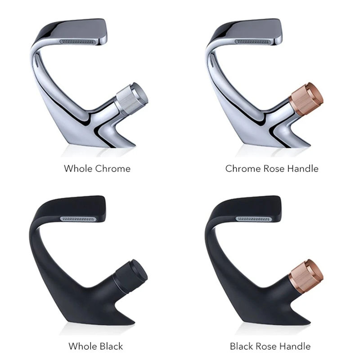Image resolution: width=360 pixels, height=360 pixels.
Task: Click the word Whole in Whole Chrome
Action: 78,168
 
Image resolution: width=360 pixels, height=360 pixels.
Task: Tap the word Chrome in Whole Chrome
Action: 113,168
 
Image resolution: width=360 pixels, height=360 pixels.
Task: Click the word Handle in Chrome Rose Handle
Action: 303,168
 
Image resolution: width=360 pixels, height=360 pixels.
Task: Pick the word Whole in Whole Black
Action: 83,346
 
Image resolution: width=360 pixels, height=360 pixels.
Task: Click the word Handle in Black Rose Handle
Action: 295,346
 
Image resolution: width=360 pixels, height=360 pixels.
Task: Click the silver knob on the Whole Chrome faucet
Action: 132,99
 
